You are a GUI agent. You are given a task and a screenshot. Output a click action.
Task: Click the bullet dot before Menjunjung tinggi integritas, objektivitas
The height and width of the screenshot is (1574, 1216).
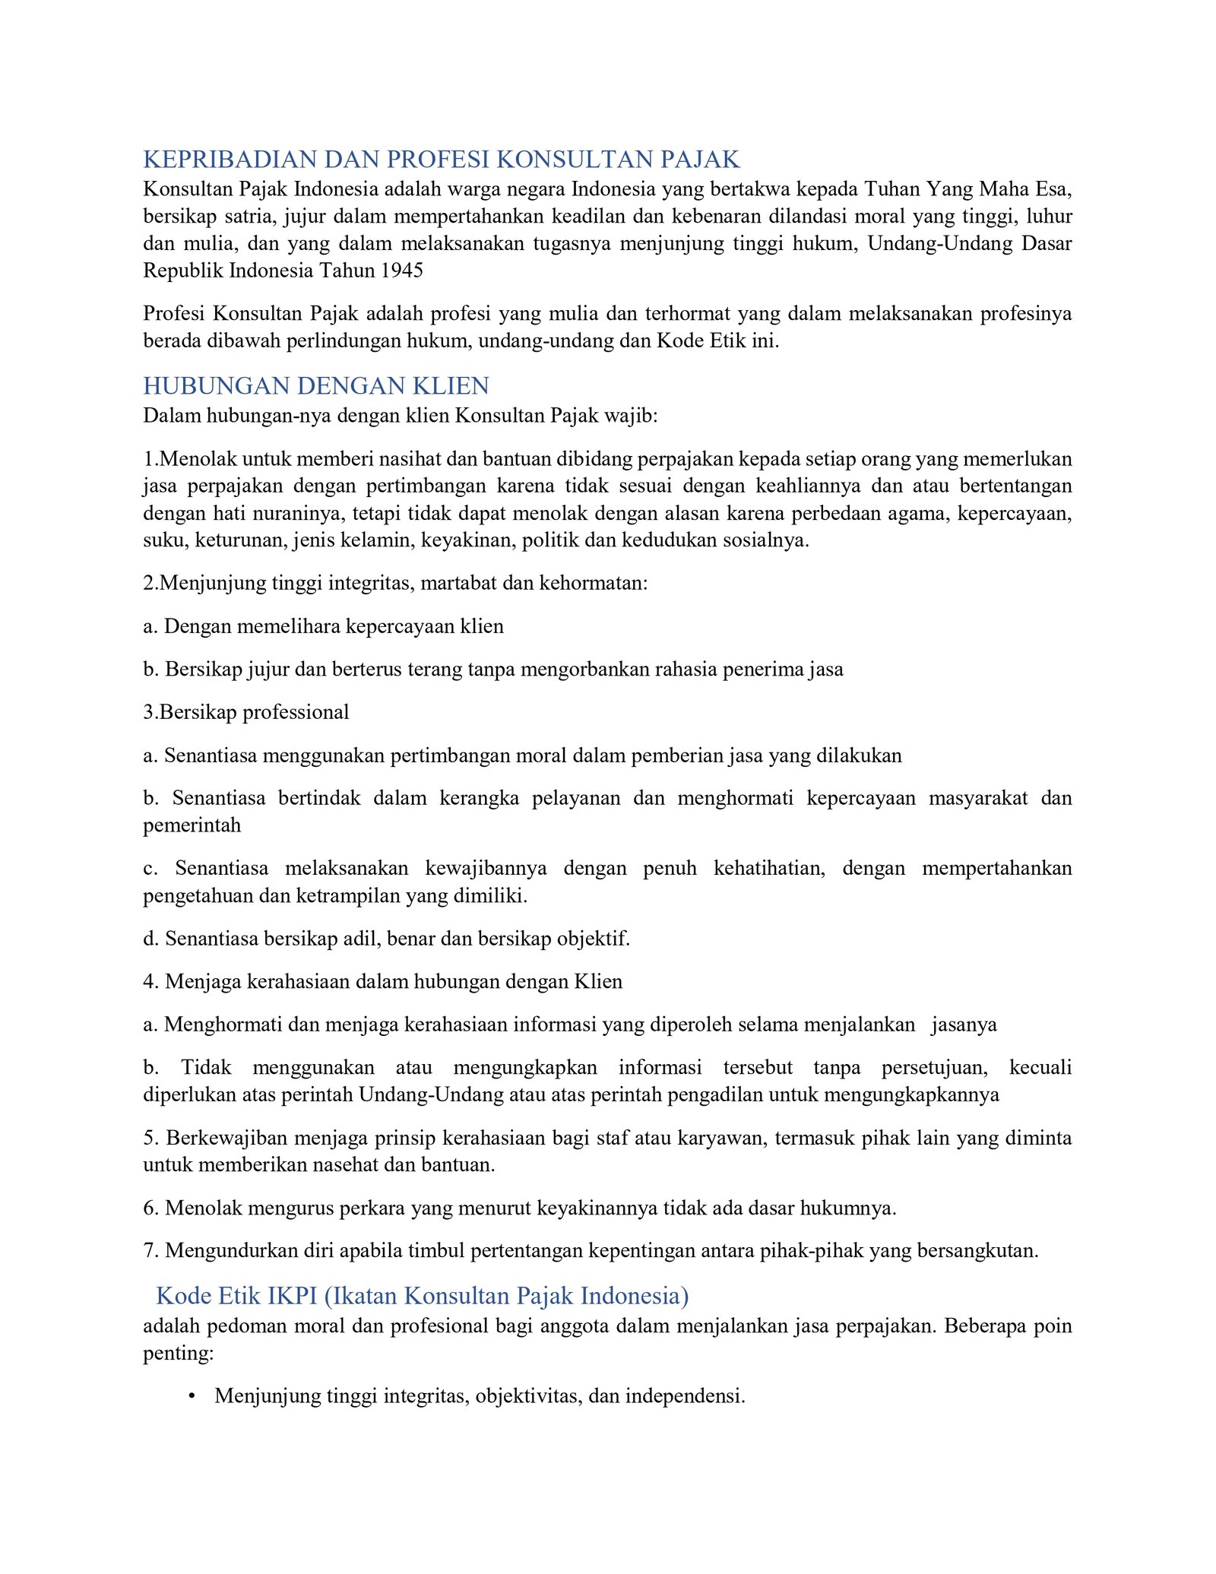[x=192, y=1396]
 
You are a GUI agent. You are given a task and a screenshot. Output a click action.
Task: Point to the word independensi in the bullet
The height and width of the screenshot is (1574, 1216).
[x=683, y=1396]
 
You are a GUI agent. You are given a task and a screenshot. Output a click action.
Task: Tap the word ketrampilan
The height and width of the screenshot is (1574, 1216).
[x=348, y=895]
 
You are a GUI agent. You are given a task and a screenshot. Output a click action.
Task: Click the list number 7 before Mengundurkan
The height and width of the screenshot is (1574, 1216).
[x=149, y=1251]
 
